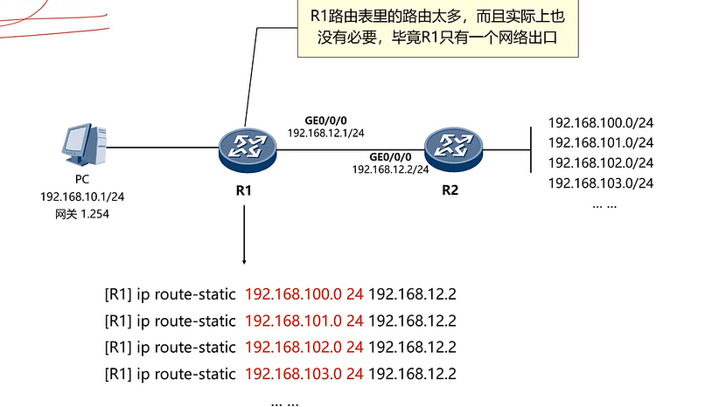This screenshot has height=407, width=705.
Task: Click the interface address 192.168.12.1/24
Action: point(326,133)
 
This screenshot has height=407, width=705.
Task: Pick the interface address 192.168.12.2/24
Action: point(390,169)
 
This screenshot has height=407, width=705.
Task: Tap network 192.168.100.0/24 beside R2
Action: point(601,123)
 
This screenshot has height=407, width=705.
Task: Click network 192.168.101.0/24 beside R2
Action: point(601,142)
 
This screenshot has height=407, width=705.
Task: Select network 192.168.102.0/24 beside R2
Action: point(601,162)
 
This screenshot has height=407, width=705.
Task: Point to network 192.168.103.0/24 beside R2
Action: point(601,183)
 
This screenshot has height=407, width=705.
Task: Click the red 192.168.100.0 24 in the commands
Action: point(304,295)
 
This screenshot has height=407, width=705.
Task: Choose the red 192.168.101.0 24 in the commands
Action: point(304,321)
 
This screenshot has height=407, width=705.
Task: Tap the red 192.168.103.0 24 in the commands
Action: point(304,375)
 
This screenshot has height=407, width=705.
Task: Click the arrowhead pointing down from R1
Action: point(244,260)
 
